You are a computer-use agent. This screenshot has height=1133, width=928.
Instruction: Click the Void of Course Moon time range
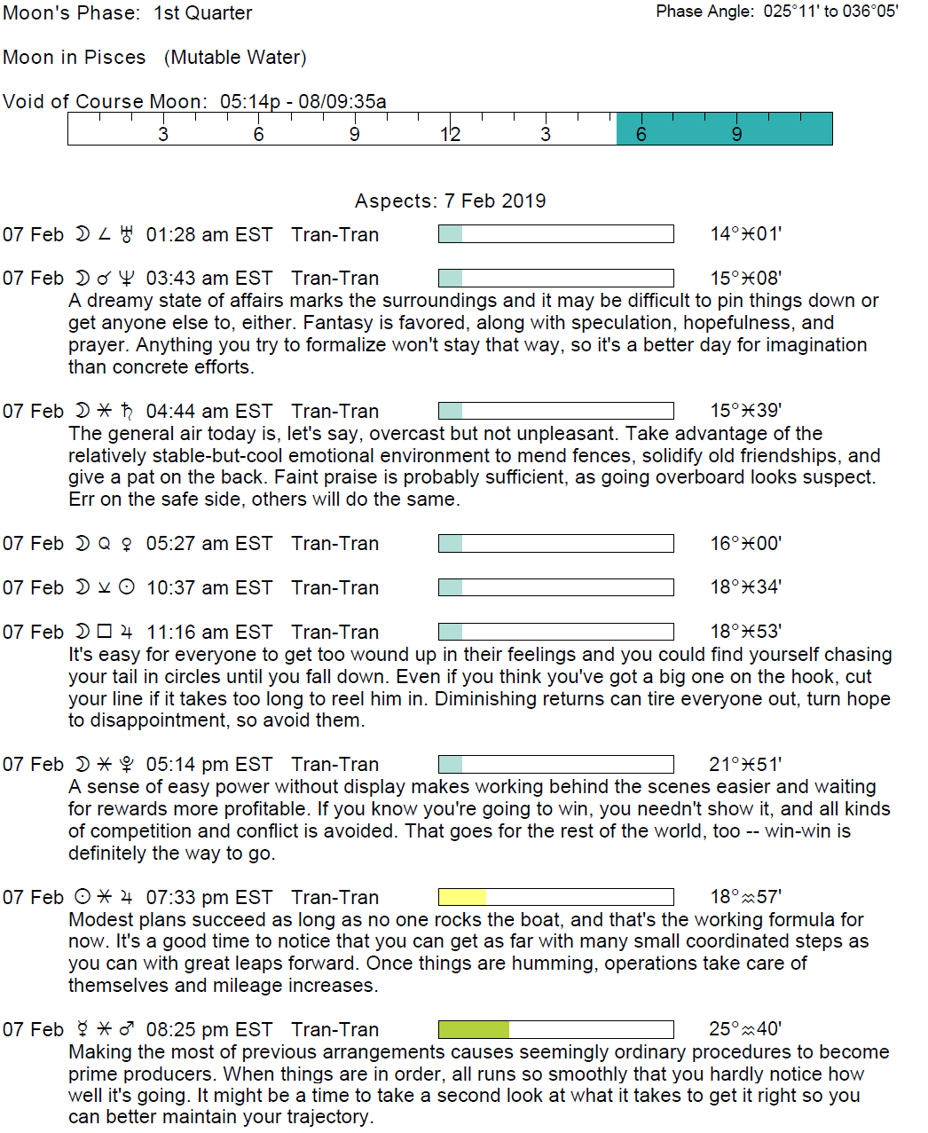coord(303,101)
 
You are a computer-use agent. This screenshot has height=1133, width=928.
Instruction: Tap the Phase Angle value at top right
coord(830,12)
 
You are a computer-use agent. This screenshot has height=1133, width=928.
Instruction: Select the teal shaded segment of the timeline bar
coord(724,129)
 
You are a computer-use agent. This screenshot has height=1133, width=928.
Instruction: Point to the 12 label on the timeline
coord(450,134)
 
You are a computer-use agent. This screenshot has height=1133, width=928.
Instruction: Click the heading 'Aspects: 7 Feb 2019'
coord(450,201)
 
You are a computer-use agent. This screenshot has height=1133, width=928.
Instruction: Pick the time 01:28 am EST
coord(208,235)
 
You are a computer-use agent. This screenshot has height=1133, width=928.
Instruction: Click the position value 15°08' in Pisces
coord(745,279)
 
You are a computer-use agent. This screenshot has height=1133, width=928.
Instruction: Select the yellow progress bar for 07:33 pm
coord(462,897)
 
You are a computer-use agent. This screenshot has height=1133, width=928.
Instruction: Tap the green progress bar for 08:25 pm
coord(474,1029)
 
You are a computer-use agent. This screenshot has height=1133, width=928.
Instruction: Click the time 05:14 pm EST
coord(208,765)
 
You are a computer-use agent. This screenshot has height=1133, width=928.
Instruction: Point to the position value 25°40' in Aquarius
coord(745,1029)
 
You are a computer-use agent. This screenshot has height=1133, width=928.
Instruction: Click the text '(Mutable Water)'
coord(235,58)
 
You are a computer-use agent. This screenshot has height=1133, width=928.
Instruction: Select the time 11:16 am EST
coord(208,633)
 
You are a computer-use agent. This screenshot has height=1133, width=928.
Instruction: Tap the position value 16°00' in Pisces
coord(745,544)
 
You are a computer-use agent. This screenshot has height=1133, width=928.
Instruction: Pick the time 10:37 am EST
coord(208,588)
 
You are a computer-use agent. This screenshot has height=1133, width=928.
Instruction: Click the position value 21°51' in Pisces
coord(745,765)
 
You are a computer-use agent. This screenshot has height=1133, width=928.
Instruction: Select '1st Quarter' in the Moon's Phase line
coord(203,13)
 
